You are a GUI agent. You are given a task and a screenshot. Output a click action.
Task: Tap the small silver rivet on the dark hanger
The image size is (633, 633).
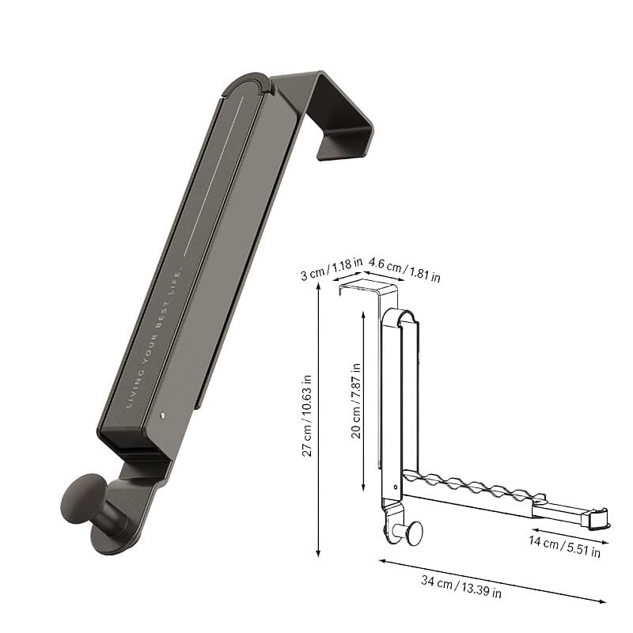pyautogui.click(x=162, y=415)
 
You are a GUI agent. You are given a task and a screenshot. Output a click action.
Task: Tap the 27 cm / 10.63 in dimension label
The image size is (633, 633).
pyautogui.click(x=307, y=415)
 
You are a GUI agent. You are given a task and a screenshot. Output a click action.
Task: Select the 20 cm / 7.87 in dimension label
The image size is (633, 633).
pyautogui.click(x=355, y=400)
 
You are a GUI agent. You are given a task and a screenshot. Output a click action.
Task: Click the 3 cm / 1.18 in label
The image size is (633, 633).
pyautogui.click(x=332, y=268)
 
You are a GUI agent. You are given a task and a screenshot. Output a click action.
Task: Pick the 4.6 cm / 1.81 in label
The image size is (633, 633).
pyautogui.click(x=404, y=270)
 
